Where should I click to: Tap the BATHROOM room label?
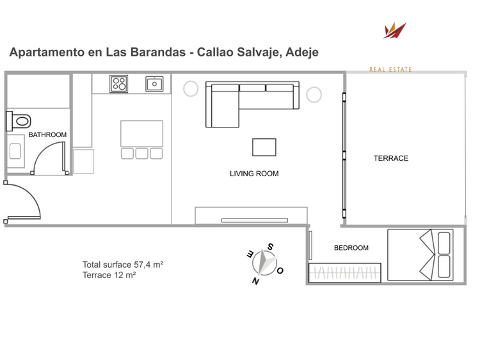coord(47,135)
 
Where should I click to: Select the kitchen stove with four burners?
coord(118,83)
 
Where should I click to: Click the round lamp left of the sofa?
coord(191,88)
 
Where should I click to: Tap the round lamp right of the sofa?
coord(314,95)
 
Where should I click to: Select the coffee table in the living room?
coord(264,147)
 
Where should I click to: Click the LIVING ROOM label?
coord(254,174)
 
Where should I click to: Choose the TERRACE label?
coord(390,158)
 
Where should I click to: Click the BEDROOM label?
coord(351,248)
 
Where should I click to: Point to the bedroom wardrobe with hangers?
coord(346,272)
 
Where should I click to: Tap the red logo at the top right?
coord(394,30)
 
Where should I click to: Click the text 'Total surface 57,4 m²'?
coord(123,265)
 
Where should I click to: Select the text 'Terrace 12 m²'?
coord(109,275)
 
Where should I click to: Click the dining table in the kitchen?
coord(141,133)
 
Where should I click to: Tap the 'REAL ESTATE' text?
coord(390,69)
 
